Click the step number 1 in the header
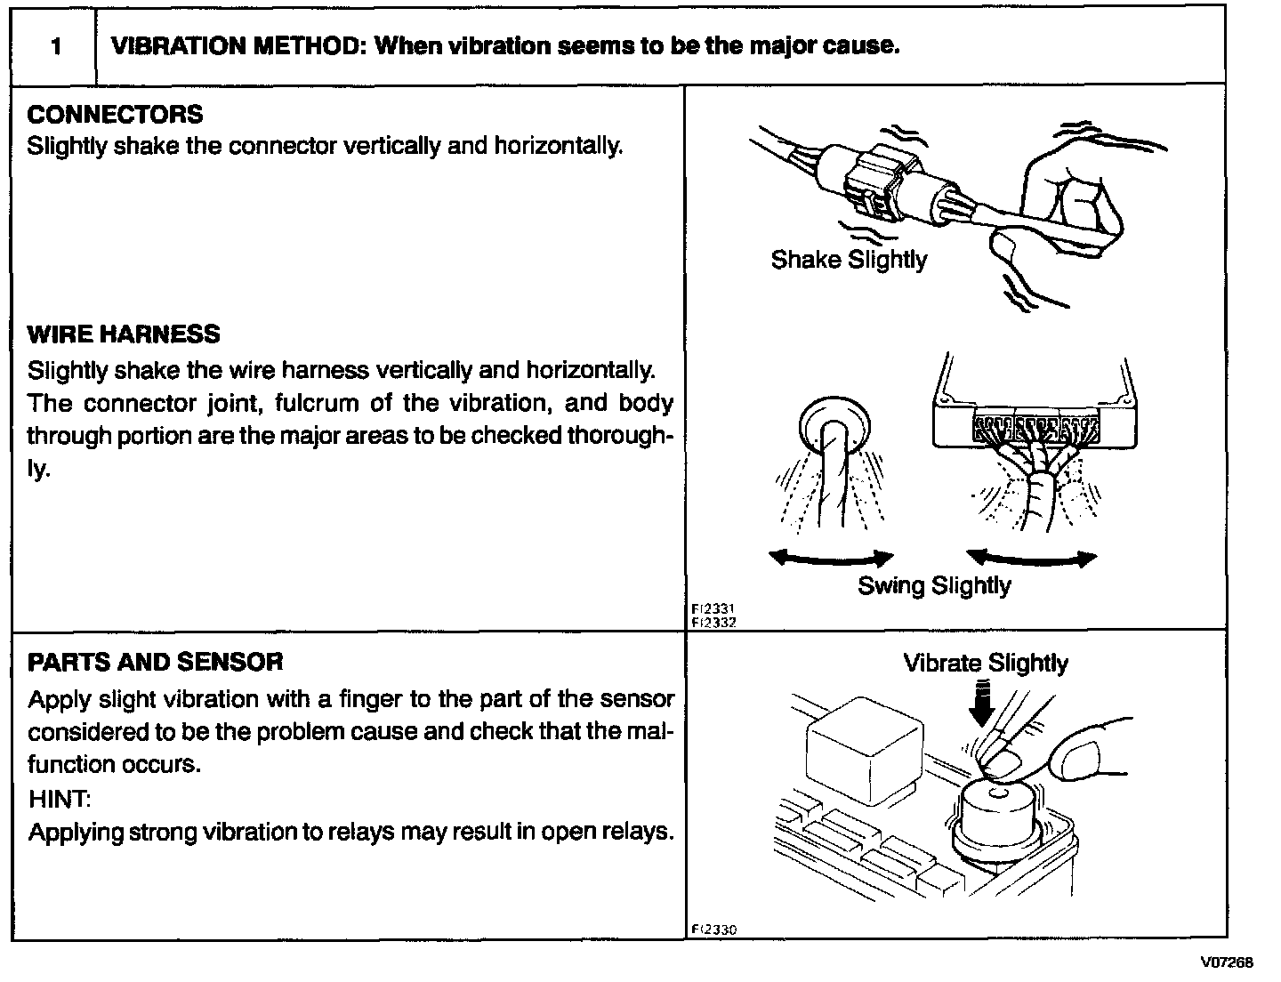(x=55, y=46)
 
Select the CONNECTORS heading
(x=115, y=115)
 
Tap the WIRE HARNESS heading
(x=124, y=334)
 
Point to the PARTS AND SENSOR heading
(x=156, y=662)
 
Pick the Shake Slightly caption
(x=849, y=260)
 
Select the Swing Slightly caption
(x=934, y=585)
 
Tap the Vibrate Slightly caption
(x=986, y=663)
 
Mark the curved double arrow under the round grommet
(x=831, y=558)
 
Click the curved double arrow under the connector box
(x=1032, y=558)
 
